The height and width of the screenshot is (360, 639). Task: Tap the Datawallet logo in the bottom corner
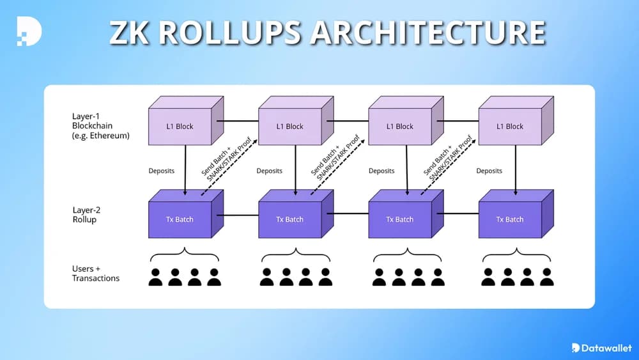pyautogui.click(x=601, y=347)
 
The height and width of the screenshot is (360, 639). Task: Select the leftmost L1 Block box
pyautogui.click(x=180, y=126)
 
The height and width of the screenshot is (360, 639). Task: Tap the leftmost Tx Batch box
pyautogui.click(x=180, y=219)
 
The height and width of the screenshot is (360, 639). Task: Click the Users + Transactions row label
pyautogui.click(x=95, y=274)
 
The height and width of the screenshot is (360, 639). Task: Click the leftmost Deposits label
pyautogui.click(x=161, y=171)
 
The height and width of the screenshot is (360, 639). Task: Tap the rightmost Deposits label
pyautogui.click(x=489, y=171)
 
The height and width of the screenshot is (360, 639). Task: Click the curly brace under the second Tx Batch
pyautogui.click(x=295, y=254)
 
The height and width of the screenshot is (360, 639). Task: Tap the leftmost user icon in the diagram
pyautogui.click(x=155, y=277)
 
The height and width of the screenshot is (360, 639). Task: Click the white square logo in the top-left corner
pyautogui.click(x=29, y=30)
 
